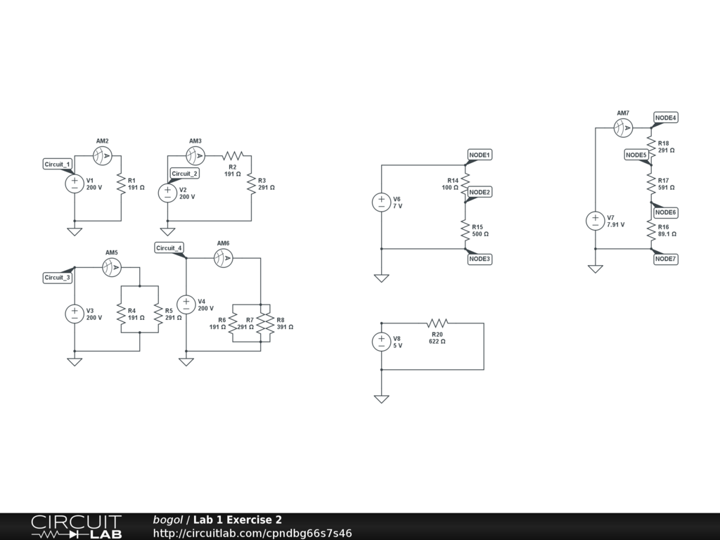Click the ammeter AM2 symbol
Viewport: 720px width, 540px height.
click(x=103, y=155)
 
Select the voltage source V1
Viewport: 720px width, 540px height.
click(x=75, y=184)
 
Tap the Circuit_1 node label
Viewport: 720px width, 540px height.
click(x=58, y=164)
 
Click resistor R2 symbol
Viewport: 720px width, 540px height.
click(x=233, y=155)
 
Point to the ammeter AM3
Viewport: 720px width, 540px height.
click(x=195, y=155)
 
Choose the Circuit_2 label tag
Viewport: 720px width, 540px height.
click(x=185, y=173)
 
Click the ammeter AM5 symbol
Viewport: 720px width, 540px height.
click(x=112, y=267)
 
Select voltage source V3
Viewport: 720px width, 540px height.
click(x=75, y=314)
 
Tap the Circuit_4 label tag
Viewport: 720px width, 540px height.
click(x=169, y=247)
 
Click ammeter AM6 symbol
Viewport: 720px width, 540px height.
click(x=224, y=259)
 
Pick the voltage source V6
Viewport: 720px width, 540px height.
click(x=381, y=202)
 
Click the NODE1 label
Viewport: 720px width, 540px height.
click(x=480, y=155)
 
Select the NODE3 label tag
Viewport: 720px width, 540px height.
click(x=480, y=259)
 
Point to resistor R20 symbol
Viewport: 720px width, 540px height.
click(x=437, y=323)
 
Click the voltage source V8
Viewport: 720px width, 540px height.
click(x=381, y=342)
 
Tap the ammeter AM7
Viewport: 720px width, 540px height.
click(x=624, y=128)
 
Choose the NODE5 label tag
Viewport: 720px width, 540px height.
click(x=636, y=155)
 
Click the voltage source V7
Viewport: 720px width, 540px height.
click(x=595, y=221)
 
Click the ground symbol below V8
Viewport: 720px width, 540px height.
click(x=381, y=399)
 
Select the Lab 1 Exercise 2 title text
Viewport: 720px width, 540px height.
click(x=239, y=520)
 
